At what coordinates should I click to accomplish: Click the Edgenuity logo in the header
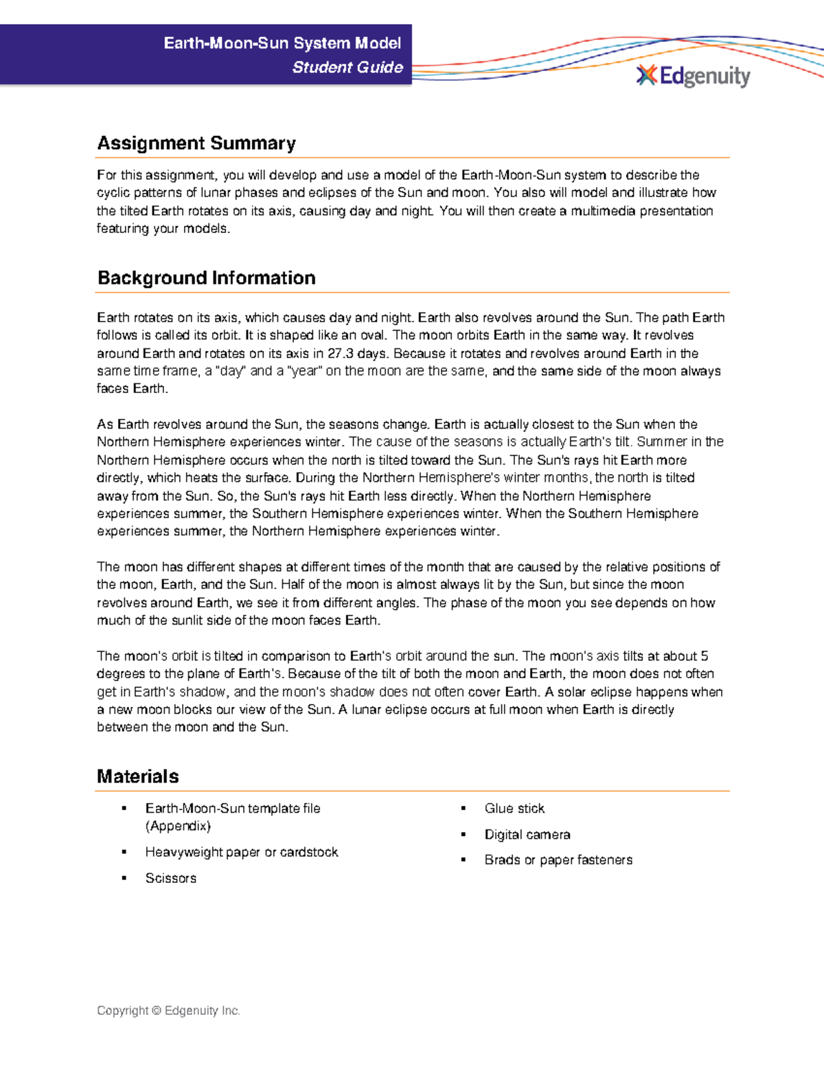(x=694, y=76)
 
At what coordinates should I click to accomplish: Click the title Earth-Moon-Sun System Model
(x=282, y=43)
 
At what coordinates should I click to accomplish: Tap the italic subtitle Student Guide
(x=347, y=67)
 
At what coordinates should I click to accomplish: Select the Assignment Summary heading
(x=196, y=143)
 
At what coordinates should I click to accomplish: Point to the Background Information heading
(x=206, y=278)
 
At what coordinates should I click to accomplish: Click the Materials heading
(x=138, y=776)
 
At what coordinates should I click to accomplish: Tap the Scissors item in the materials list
(x=170, y=878)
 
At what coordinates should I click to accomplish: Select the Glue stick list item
(x=514, y=808)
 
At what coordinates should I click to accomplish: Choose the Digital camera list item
(x=527, y=834)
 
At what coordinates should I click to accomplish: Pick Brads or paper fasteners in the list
(x=558, y=860)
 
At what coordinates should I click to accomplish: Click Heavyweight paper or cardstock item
(x=242, y=852)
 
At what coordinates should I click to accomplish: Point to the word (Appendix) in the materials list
(x=178, y=826)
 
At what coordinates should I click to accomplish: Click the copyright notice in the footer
(x=168, y=1011)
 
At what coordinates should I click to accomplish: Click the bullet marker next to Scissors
(x=124, y=878)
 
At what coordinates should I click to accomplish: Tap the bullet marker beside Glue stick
(x=463, y=808)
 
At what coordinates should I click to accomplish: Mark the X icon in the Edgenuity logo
(x=646, y=75)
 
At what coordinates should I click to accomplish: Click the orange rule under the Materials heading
(x=412, y=791)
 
